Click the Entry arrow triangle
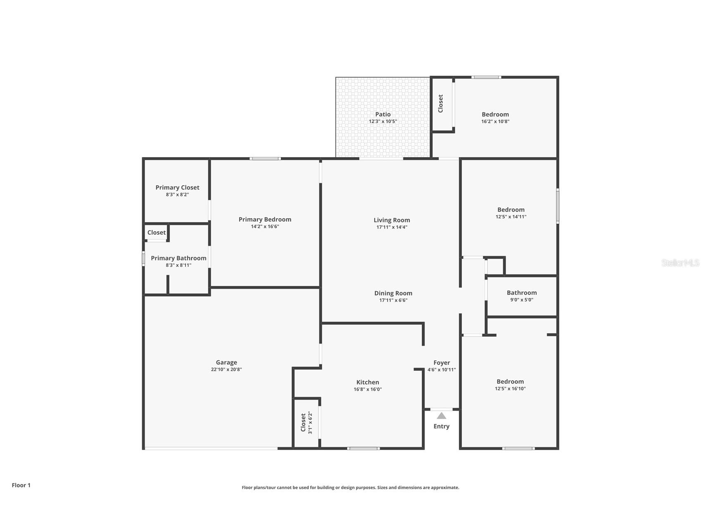(x=441, y=416)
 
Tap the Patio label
(x=383, y=114)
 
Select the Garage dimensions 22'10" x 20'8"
(x=226, y=370)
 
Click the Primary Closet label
(x=177, y=187)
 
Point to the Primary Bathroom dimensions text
(x=178, y=265)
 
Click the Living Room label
(x=392, y=220)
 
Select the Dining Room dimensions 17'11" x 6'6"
(x=393, y=300)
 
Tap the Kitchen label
(x=367, y=382)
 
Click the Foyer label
(x=442, y=363)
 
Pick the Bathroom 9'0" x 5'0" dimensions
(x=521, y=300)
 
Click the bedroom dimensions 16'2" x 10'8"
(x=495, y=122)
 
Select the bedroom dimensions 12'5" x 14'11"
(x=511, y=217)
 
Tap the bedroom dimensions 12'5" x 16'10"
(x=510, y=389)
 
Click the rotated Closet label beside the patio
(x=440, y=103)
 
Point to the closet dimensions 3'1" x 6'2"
(x=310, y=423)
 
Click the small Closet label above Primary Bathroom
(x=157, y=232)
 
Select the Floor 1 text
(x=21, y=485)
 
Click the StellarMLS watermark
(x=680, y=263)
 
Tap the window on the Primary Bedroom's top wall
(x=265, y=159)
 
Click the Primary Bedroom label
(x=265, y=219)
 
